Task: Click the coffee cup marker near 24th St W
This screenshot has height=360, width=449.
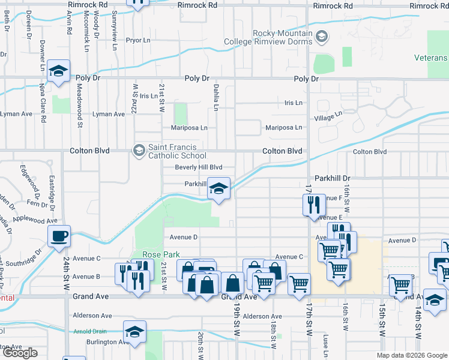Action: pos(59,236)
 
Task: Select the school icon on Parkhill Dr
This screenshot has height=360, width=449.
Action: pos(219,190)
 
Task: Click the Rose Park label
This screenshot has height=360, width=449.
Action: pos(158,254)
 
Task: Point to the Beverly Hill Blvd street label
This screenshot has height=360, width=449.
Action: pos(198,167)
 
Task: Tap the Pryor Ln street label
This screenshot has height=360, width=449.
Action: pos(137,41)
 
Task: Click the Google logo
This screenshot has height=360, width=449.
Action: pos(20,353)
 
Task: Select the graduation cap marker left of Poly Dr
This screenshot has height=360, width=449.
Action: pos(59,71)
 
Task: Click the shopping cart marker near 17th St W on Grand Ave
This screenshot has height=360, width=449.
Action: pos(299,284)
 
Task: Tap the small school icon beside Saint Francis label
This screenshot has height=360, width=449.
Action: pos(139,149)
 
